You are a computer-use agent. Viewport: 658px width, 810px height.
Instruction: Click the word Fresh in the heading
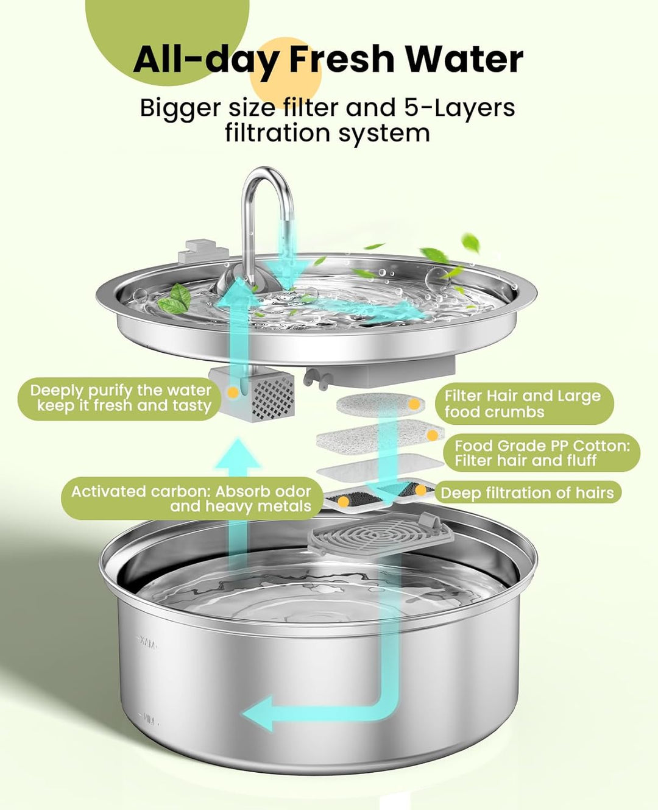pyautogui.click(x=342, y=59)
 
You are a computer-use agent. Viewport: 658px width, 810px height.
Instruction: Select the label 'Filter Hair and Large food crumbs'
pyautogui.click(x=522, y=403)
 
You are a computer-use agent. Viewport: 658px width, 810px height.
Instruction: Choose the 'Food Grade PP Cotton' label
pyautogui.click(x=542, y=453)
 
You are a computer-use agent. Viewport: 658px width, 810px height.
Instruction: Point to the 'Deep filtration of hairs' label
pyautogui.click(x=527, y=492)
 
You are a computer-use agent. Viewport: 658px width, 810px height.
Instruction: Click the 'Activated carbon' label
pyautogui.click(x=191, y=499)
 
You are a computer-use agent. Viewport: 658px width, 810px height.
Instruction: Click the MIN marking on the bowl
pyautogui.click(x=148, y=720)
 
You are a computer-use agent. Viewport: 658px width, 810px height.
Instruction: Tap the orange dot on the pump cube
pyautogui.click(x=232, y=392)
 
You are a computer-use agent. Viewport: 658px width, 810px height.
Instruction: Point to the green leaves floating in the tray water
pyautogui.click(x=175, y=299)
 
